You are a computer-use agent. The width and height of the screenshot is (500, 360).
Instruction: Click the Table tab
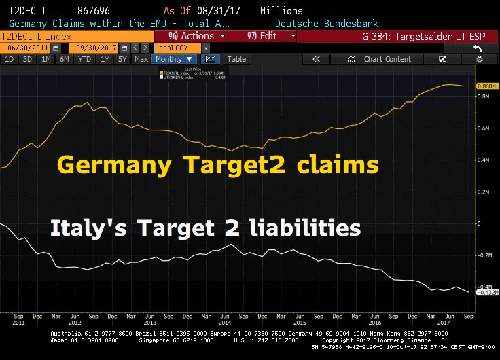236,59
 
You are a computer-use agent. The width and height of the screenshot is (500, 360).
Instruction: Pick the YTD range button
85,59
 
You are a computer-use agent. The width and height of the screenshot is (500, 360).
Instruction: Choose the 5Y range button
122,59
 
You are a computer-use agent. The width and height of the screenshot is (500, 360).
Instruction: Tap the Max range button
141,59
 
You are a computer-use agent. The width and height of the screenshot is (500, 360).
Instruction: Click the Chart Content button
387,59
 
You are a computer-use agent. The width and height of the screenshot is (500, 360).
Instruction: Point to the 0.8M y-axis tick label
482,96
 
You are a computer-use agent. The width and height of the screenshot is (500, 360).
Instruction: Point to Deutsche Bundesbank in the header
341,23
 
